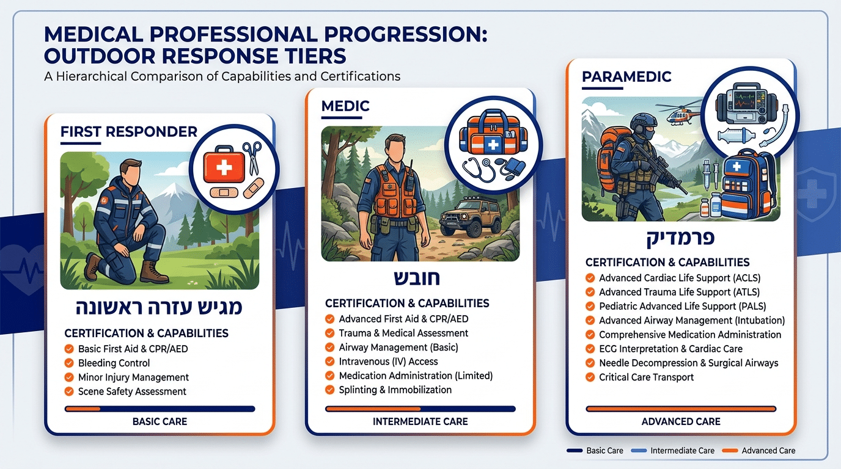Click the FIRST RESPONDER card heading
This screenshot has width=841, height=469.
(x=129, y=132)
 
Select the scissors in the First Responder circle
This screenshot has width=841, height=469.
(x=252, y=158)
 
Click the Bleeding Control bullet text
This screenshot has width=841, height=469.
(x=114, y=363)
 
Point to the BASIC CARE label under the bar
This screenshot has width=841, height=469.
(x=160, y=421)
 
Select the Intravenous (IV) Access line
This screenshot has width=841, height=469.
(x=388, y=362)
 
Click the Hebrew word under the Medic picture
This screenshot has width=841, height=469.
(x=416, y=278)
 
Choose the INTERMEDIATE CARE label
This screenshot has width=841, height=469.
(x=420, y=421)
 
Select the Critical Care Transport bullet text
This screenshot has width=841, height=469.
(x=646, y=377)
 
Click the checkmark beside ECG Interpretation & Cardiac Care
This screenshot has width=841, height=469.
(x=590, y=349)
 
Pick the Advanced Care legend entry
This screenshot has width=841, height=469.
(x=758, y=451)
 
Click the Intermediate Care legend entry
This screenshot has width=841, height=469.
(x=673, y=451)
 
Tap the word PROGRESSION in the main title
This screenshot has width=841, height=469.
(x=406, y=35)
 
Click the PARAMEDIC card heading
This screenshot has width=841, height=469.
(x=626, y=76)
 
